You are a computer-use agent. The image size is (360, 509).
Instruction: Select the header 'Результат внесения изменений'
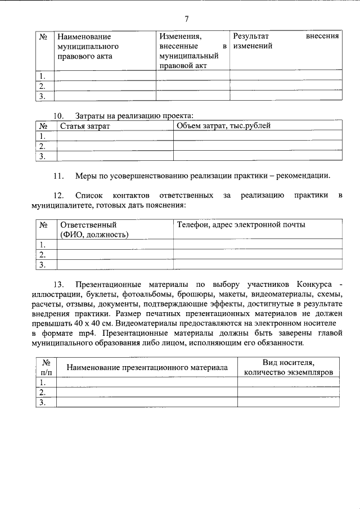pos(286,41)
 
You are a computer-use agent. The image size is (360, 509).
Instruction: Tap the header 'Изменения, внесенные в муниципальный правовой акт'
pos(192,51)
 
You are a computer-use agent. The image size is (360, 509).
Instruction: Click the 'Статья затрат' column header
pos(85,126)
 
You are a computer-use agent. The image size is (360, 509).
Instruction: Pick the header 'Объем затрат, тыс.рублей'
pos(224,126)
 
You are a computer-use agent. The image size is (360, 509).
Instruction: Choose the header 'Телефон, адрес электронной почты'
pos(241,225)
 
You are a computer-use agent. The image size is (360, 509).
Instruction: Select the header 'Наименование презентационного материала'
pos(147,367)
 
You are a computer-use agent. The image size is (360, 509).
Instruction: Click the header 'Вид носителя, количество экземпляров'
pos(288,367)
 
